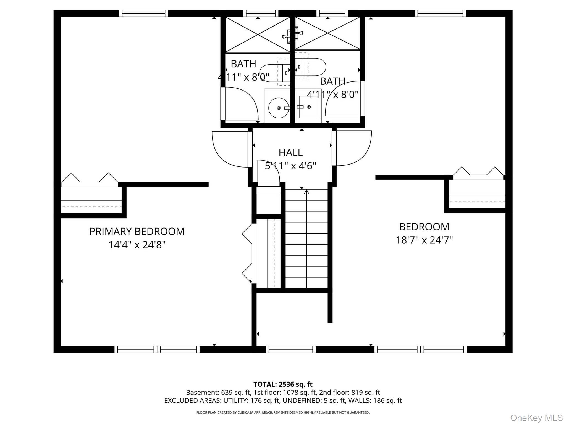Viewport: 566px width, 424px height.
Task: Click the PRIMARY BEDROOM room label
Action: [137, 231]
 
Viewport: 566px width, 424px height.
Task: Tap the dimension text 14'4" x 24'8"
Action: [137, 245]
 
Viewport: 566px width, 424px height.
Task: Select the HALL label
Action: [290, 152]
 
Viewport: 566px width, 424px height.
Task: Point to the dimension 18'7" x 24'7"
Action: [424, 240]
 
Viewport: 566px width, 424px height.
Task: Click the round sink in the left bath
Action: [279, 108]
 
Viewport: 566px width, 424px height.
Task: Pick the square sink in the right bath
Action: [309, 107]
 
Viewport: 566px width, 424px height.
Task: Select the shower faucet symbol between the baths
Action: [293, 35]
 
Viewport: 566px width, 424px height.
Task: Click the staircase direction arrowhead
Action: [306, 192]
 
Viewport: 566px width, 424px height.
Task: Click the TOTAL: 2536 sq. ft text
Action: [283, 384]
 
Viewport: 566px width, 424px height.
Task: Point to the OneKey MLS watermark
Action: [536, 418]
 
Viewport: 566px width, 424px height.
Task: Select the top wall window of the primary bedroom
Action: [144, 13]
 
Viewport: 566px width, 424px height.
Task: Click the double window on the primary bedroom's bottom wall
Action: [157, 349]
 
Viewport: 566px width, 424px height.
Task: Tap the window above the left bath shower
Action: [261, 13]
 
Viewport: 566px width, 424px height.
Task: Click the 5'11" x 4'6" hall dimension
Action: [290, 166]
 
